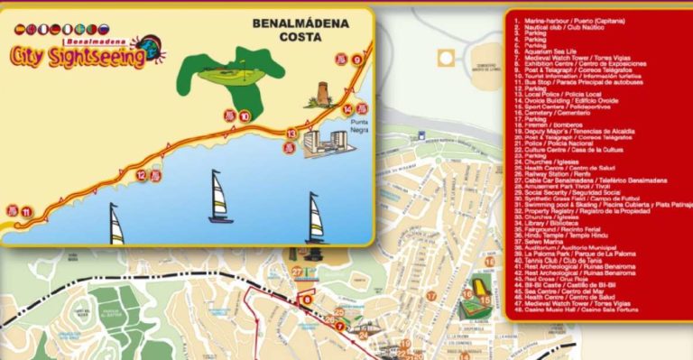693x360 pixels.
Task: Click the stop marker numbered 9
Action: pos(357,60)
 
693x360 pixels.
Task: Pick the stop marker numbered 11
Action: pos(27,213)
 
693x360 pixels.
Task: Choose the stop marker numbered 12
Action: pos(142,175)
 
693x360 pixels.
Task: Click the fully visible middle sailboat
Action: pos(220,198)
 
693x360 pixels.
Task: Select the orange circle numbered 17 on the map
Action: pos(431,296)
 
